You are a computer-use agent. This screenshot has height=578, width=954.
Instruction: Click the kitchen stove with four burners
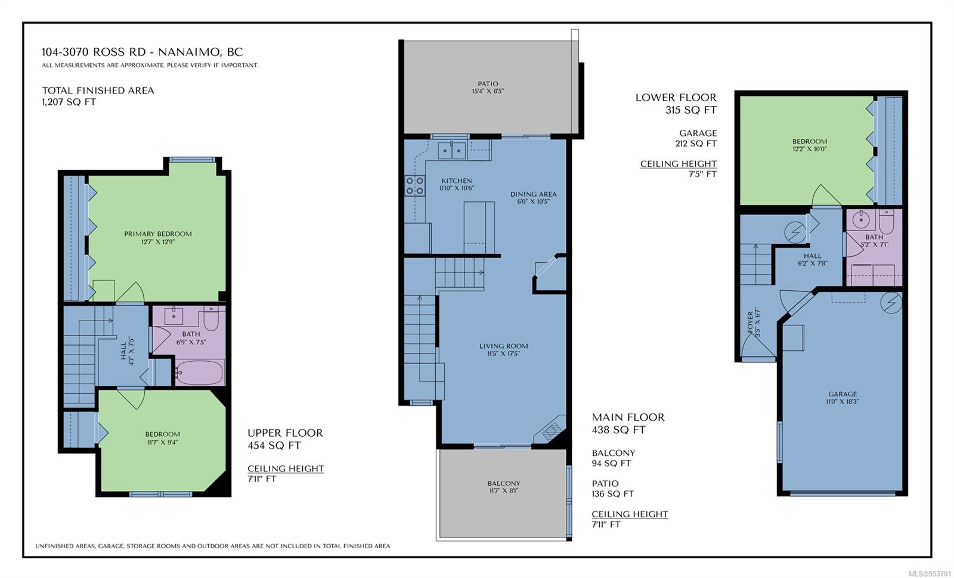[x=415, y=186]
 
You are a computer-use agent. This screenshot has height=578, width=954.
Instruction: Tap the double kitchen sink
[x=452, y=151]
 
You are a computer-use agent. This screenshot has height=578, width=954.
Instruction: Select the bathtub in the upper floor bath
[x=199, y=372]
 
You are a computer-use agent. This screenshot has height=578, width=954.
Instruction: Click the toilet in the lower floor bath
[x=887, y=221]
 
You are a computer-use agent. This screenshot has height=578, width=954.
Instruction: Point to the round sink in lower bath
[x=861, y=219]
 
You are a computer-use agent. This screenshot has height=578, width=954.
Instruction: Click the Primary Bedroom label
[x=158, y=234]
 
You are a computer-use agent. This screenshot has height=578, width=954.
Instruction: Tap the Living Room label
[x=504, y=346]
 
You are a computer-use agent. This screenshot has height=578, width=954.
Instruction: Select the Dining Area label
[x=534, y=194]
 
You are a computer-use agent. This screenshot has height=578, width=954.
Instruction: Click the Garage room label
[x=843, y=394]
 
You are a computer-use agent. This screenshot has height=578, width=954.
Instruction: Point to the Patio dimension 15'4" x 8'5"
[x=488, y=91]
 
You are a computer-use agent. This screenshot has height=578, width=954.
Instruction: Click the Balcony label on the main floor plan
[x=504, y=483]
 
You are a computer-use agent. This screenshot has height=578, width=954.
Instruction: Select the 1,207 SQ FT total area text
[x=69, y=102]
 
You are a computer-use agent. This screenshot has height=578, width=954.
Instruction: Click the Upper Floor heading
[x=286, y=433]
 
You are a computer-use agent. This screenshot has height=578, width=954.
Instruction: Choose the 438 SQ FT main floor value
[x=619, y=430]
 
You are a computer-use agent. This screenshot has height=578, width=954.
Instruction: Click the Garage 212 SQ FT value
[x=696, y=144]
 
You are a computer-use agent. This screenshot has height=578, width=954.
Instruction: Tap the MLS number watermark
[x=930, y=573]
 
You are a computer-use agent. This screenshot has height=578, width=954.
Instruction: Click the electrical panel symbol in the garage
[x=891, y=303]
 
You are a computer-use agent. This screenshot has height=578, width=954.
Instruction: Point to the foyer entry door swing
[x=758, y=345]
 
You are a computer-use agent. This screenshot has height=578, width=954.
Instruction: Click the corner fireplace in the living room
[x=551, y=429]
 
